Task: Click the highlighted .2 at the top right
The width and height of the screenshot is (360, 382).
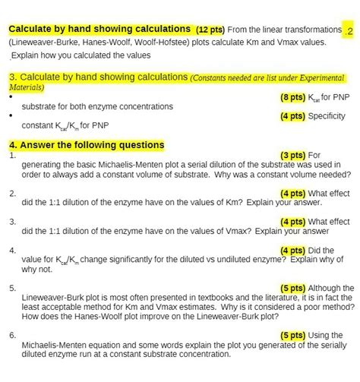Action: [348, 31]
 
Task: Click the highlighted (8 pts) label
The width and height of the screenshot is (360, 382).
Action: [292, 98]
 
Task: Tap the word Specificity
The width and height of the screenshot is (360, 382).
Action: [326, 116]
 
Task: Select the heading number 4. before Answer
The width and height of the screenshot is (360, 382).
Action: [13, 144]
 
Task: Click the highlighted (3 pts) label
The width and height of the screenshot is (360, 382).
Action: [293, 155]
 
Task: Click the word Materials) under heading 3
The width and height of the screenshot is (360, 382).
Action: [27, 87]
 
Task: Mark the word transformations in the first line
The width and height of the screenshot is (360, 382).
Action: [313, 30]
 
